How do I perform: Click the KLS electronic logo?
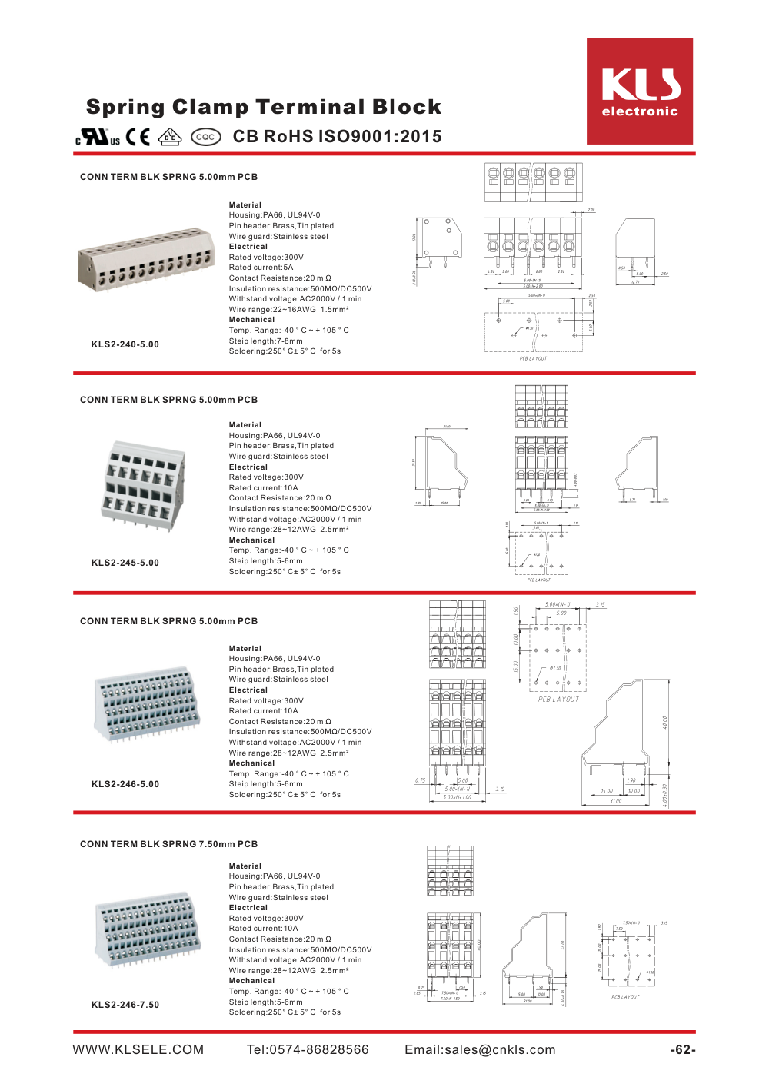click(x=640, y=91)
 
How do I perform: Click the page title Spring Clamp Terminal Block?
click(x=264, y=107)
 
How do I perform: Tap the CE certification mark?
click(x=138, y=137)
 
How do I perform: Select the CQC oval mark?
click(x=205, y=137)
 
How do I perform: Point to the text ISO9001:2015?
click(x=380, y=137)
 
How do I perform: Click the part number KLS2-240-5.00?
click(x=125, y=344)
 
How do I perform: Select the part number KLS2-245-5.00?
click(x=125, y=563)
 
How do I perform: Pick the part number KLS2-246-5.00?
click(x=125, y=784)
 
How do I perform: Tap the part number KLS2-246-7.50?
click(x=125, y=1005)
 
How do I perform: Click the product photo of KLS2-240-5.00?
click(x=145, y=259)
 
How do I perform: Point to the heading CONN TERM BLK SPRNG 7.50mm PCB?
click(x=169, y=844)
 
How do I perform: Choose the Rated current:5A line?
click(x=261, y=268)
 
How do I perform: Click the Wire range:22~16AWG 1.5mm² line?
click(x=288, y=310)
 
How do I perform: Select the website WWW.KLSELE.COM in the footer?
click(x=138, y=1050)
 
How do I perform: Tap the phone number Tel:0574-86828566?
click(x=308, y=1050)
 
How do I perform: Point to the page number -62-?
click(x=683, y=1050)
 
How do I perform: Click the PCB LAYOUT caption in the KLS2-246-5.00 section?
click(x=558, y=700)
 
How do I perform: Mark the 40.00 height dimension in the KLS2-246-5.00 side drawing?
click(x=665, y=723)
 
